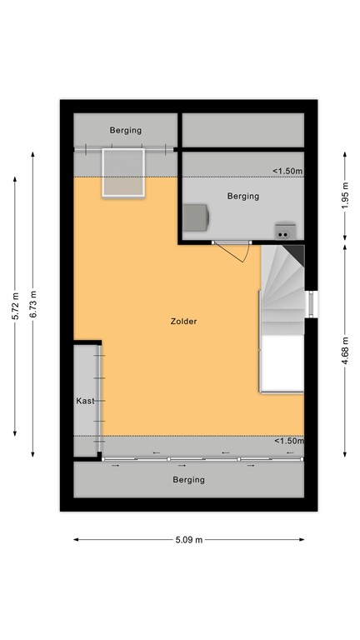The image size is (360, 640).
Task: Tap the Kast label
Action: [x=85, y=401]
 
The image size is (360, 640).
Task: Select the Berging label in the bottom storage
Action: [x=188, y=480]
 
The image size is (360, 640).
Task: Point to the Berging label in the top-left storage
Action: [x=126, y=130]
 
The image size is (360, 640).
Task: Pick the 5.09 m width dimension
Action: [x=188, y=540]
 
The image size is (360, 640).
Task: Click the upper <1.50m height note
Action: [x=287, y=172]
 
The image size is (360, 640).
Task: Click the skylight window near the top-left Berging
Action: [x=124, y=172]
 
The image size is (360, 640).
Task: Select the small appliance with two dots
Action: [x=286, y=231]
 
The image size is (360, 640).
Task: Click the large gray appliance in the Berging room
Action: [x=197, y=218]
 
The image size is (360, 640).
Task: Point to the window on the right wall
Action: [x=310, y=304]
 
